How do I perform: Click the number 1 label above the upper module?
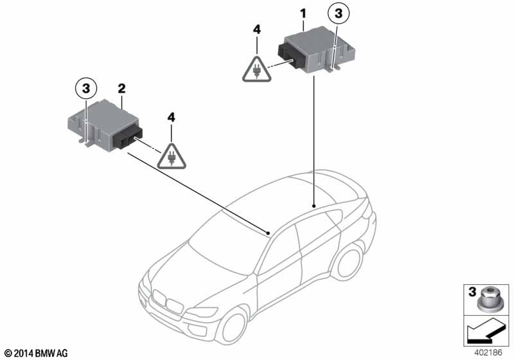303,14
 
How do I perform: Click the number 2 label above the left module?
121,88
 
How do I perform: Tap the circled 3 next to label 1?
339,14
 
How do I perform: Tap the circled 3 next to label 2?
86,88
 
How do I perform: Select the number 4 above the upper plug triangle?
257,30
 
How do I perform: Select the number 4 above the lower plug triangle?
171,118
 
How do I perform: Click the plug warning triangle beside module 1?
256,69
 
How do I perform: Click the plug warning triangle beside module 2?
171,157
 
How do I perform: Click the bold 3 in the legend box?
472,291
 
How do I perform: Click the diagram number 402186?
488,353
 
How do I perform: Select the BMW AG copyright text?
37,354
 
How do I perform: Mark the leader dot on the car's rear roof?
314,206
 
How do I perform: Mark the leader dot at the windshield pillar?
269,233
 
